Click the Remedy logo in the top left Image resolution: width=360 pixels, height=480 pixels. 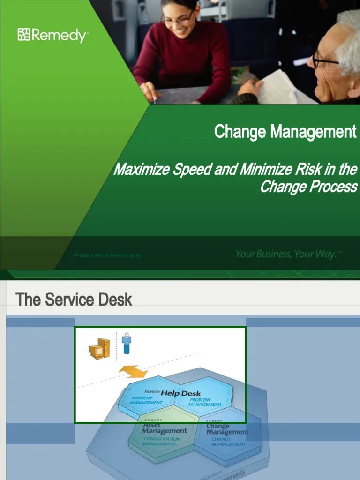point(52,35)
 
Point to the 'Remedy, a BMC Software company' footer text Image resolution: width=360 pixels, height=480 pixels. point(106,255)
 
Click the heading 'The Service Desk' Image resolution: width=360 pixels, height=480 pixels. point(74,300)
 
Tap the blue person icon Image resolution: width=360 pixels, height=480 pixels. point(127,344)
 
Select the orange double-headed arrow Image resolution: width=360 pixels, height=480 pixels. point(133,372)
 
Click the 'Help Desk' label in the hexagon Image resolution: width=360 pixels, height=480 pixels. point(180,393)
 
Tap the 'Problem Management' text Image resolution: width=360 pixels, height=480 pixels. point(205,402)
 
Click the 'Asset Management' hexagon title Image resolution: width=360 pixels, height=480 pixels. point(164,428)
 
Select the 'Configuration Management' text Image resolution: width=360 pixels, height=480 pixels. point(161,441)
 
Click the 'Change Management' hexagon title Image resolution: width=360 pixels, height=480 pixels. point(227,429)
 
